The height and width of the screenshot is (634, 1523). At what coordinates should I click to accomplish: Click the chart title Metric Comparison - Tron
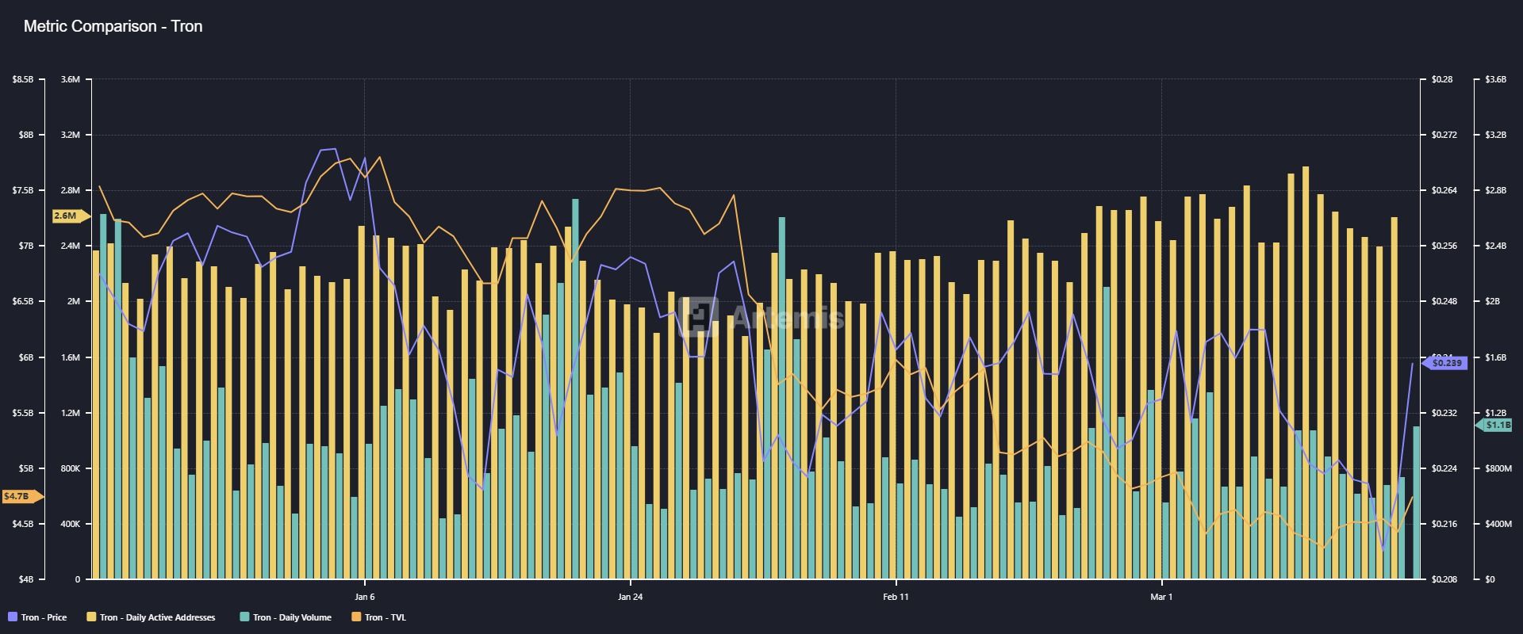[x=113, y=26]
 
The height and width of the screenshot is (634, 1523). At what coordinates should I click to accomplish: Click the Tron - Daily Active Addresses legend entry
[x=151, y=617]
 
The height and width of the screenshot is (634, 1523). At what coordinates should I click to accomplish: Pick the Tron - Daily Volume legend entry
[x=286, y=617]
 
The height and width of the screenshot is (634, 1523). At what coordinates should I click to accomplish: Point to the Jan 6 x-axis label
[x=364, y=597]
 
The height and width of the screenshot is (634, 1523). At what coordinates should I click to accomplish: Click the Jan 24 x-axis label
[x=630, y=597]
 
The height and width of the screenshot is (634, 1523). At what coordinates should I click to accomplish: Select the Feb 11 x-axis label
[x=896, y=597]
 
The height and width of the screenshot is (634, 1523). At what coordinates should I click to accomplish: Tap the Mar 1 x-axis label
[x=1161, y=597]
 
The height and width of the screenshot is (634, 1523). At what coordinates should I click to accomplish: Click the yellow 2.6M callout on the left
[x=66, y=216]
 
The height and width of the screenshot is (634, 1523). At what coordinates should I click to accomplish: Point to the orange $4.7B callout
[x=17, y=497]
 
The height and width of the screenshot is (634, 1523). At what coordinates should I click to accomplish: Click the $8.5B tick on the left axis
[x=23, y=79]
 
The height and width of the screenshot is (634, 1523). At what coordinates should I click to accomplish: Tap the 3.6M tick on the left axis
[x=71, y=79]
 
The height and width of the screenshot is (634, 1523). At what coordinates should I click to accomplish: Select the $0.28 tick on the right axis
[x=1442, y=79]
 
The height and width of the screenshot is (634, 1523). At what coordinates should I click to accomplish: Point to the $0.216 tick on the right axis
[x=1444, y=524]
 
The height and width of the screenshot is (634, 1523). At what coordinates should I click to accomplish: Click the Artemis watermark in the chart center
[x=765, y=317]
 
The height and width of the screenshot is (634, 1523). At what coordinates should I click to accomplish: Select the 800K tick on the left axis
[x=70, y=468]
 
